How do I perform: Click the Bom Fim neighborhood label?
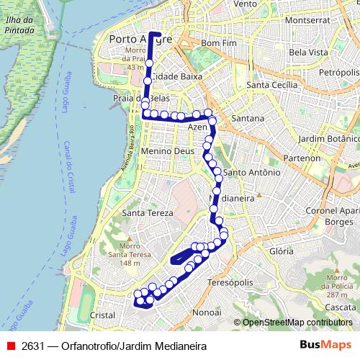(x=218, y=44)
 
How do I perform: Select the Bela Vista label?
(x=308, y=53)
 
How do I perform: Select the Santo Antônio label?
(x=252, y=173)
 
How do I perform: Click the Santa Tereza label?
(x=148, y=213)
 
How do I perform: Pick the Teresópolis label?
(x=228, y=284)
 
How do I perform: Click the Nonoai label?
(x=208, y=313)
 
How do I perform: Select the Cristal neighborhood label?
(x=104, y=315)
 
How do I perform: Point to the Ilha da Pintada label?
(x=19, y=25)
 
